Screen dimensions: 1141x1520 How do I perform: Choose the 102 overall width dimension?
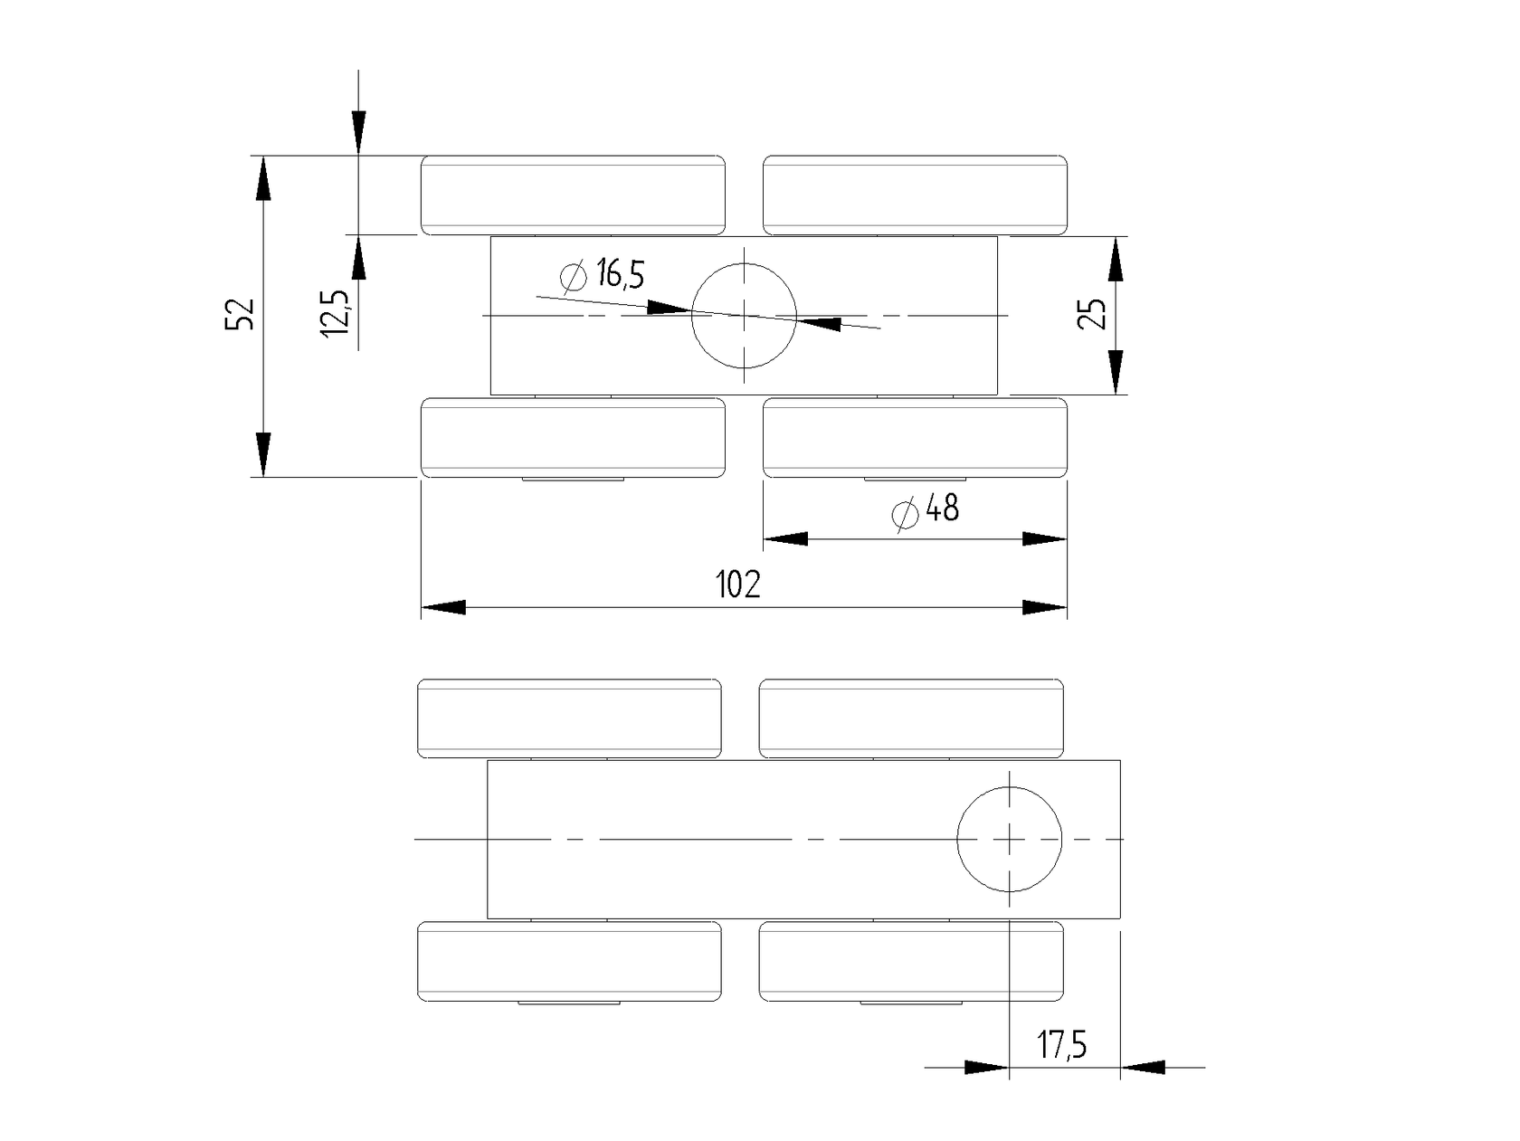tap(738, 585)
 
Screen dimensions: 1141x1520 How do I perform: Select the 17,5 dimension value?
tap(1062, 1046)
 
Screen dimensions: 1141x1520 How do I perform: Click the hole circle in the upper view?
tap(744, 316)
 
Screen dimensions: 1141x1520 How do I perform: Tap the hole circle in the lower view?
tap(1009, 839)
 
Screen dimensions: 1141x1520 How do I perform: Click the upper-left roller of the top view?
tap(573, 195)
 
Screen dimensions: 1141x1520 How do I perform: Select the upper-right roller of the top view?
tap(915, 195)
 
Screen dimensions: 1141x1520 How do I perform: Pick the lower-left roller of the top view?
tap(573, 437)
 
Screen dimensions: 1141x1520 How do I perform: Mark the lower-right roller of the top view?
tap(915, 437)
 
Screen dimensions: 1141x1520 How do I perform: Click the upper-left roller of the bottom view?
tap(569, 718)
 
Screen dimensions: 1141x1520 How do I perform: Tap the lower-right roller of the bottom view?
tap(911, 961)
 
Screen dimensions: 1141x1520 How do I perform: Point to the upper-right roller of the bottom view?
tap(911, 718)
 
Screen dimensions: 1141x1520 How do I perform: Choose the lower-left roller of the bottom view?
tap(569, 961)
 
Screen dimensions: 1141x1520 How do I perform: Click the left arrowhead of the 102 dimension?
tap(443, 607)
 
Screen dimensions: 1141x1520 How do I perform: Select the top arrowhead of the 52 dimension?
tap(262, 177)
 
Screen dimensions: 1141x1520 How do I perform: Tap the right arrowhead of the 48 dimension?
tap(1045, 539)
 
